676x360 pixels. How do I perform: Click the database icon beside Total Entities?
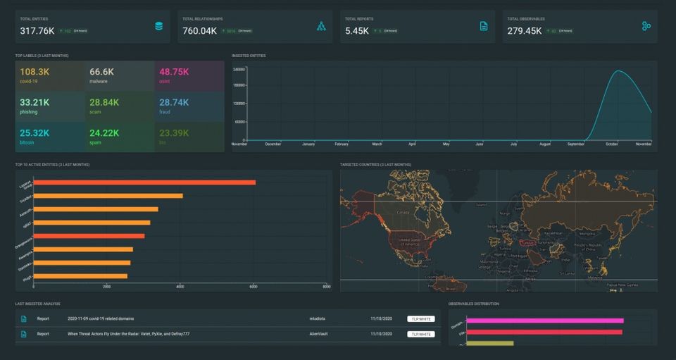tap(158, 26)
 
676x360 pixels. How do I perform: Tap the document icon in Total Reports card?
tap(483, 26)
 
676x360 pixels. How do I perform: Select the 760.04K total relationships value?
tap(199, 31)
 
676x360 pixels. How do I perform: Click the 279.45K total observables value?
tap(524, 31)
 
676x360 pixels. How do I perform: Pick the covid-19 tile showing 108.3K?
tap(51, 76)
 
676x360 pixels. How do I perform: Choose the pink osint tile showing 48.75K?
tap(189, 76)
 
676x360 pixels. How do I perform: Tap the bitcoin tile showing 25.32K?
tap(51, 137)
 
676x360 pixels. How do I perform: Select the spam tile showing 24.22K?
tap(120, 137)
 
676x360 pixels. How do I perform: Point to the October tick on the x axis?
tap(611, 144)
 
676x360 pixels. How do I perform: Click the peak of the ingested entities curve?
tap(619, 71)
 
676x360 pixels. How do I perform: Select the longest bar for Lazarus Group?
tap(144, 182)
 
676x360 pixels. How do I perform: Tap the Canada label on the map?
tap(404, 211)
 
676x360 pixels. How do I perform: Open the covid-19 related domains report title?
tap(101, 318)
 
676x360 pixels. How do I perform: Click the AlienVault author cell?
tap(319, 334)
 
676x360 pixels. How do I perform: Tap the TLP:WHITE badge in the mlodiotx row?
tap(420, 318)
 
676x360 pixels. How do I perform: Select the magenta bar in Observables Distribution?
tap(544, 321)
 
